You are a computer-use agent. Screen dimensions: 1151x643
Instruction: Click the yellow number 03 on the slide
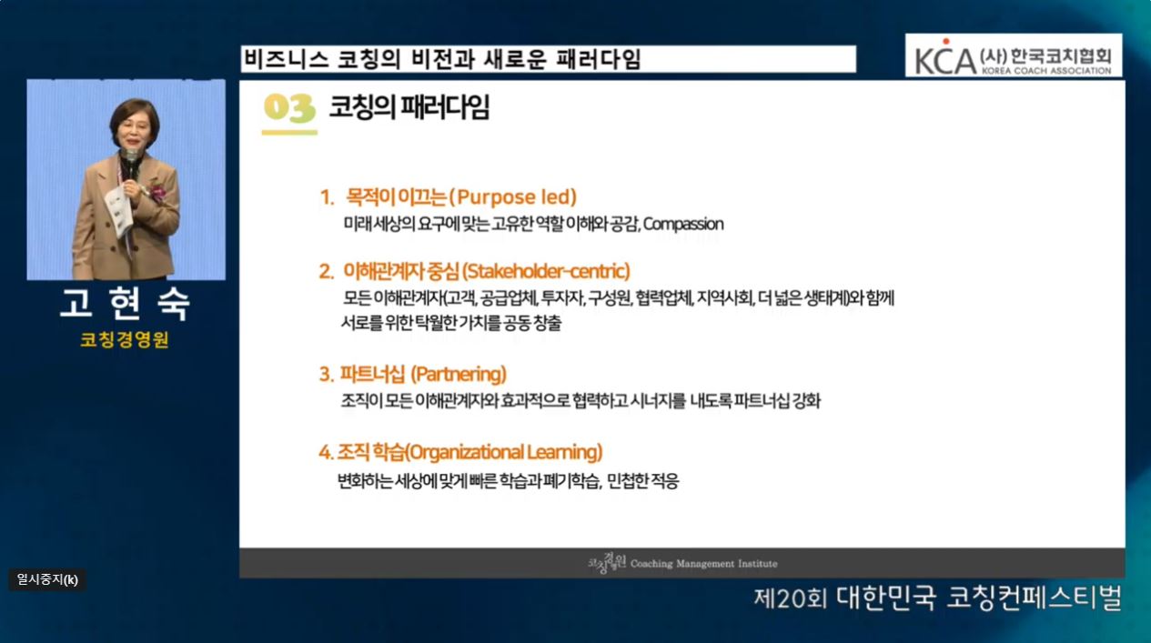[289, 108]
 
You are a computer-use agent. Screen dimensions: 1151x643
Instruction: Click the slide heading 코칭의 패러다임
[409, 107]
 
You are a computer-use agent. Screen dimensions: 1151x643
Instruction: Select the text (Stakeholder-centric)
[546, 271]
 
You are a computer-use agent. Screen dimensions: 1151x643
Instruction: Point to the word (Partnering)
[459, 375]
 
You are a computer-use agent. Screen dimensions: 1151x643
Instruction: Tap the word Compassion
[683, 224]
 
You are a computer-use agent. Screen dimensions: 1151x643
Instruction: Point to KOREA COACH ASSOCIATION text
[1046, 71]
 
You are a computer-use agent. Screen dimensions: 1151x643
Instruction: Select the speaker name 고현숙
[126, 304]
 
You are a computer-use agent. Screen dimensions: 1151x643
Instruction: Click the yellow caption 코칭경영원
[125, 339]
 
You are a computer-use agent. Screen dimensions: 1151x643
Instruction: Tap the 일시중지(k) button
[47, 580]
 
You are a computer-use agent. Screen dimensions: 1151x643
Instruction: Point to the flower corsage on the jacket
[156, 193]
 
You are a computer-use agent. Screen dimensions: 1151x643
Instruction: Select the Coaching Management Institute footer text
[704, 564]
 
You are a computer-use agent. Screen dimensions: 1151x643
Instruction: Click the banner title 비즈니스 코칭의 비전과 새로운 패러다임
[442, 59]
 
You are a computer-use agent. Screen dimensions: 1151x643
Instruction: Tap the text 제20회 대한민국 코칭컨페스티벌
[938, 598]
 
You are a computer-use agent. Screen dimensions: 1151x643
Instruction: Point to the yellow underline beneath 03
[289, 133]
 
